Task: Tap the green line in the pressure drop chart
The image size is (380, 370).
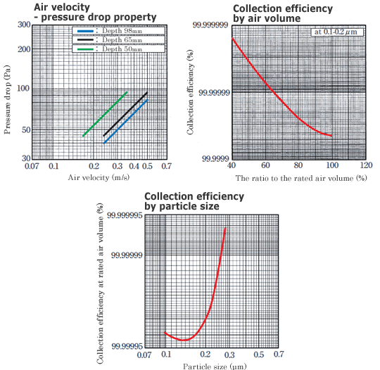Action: pos(106,113)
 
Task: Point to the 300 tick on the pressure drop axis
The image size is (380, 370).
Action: pos(24,25)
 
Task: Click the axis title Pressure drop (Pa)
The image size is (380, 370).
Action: pos(8,91)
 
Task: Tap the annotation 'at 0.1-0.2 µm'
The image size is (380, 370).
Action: pos(335,32)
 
